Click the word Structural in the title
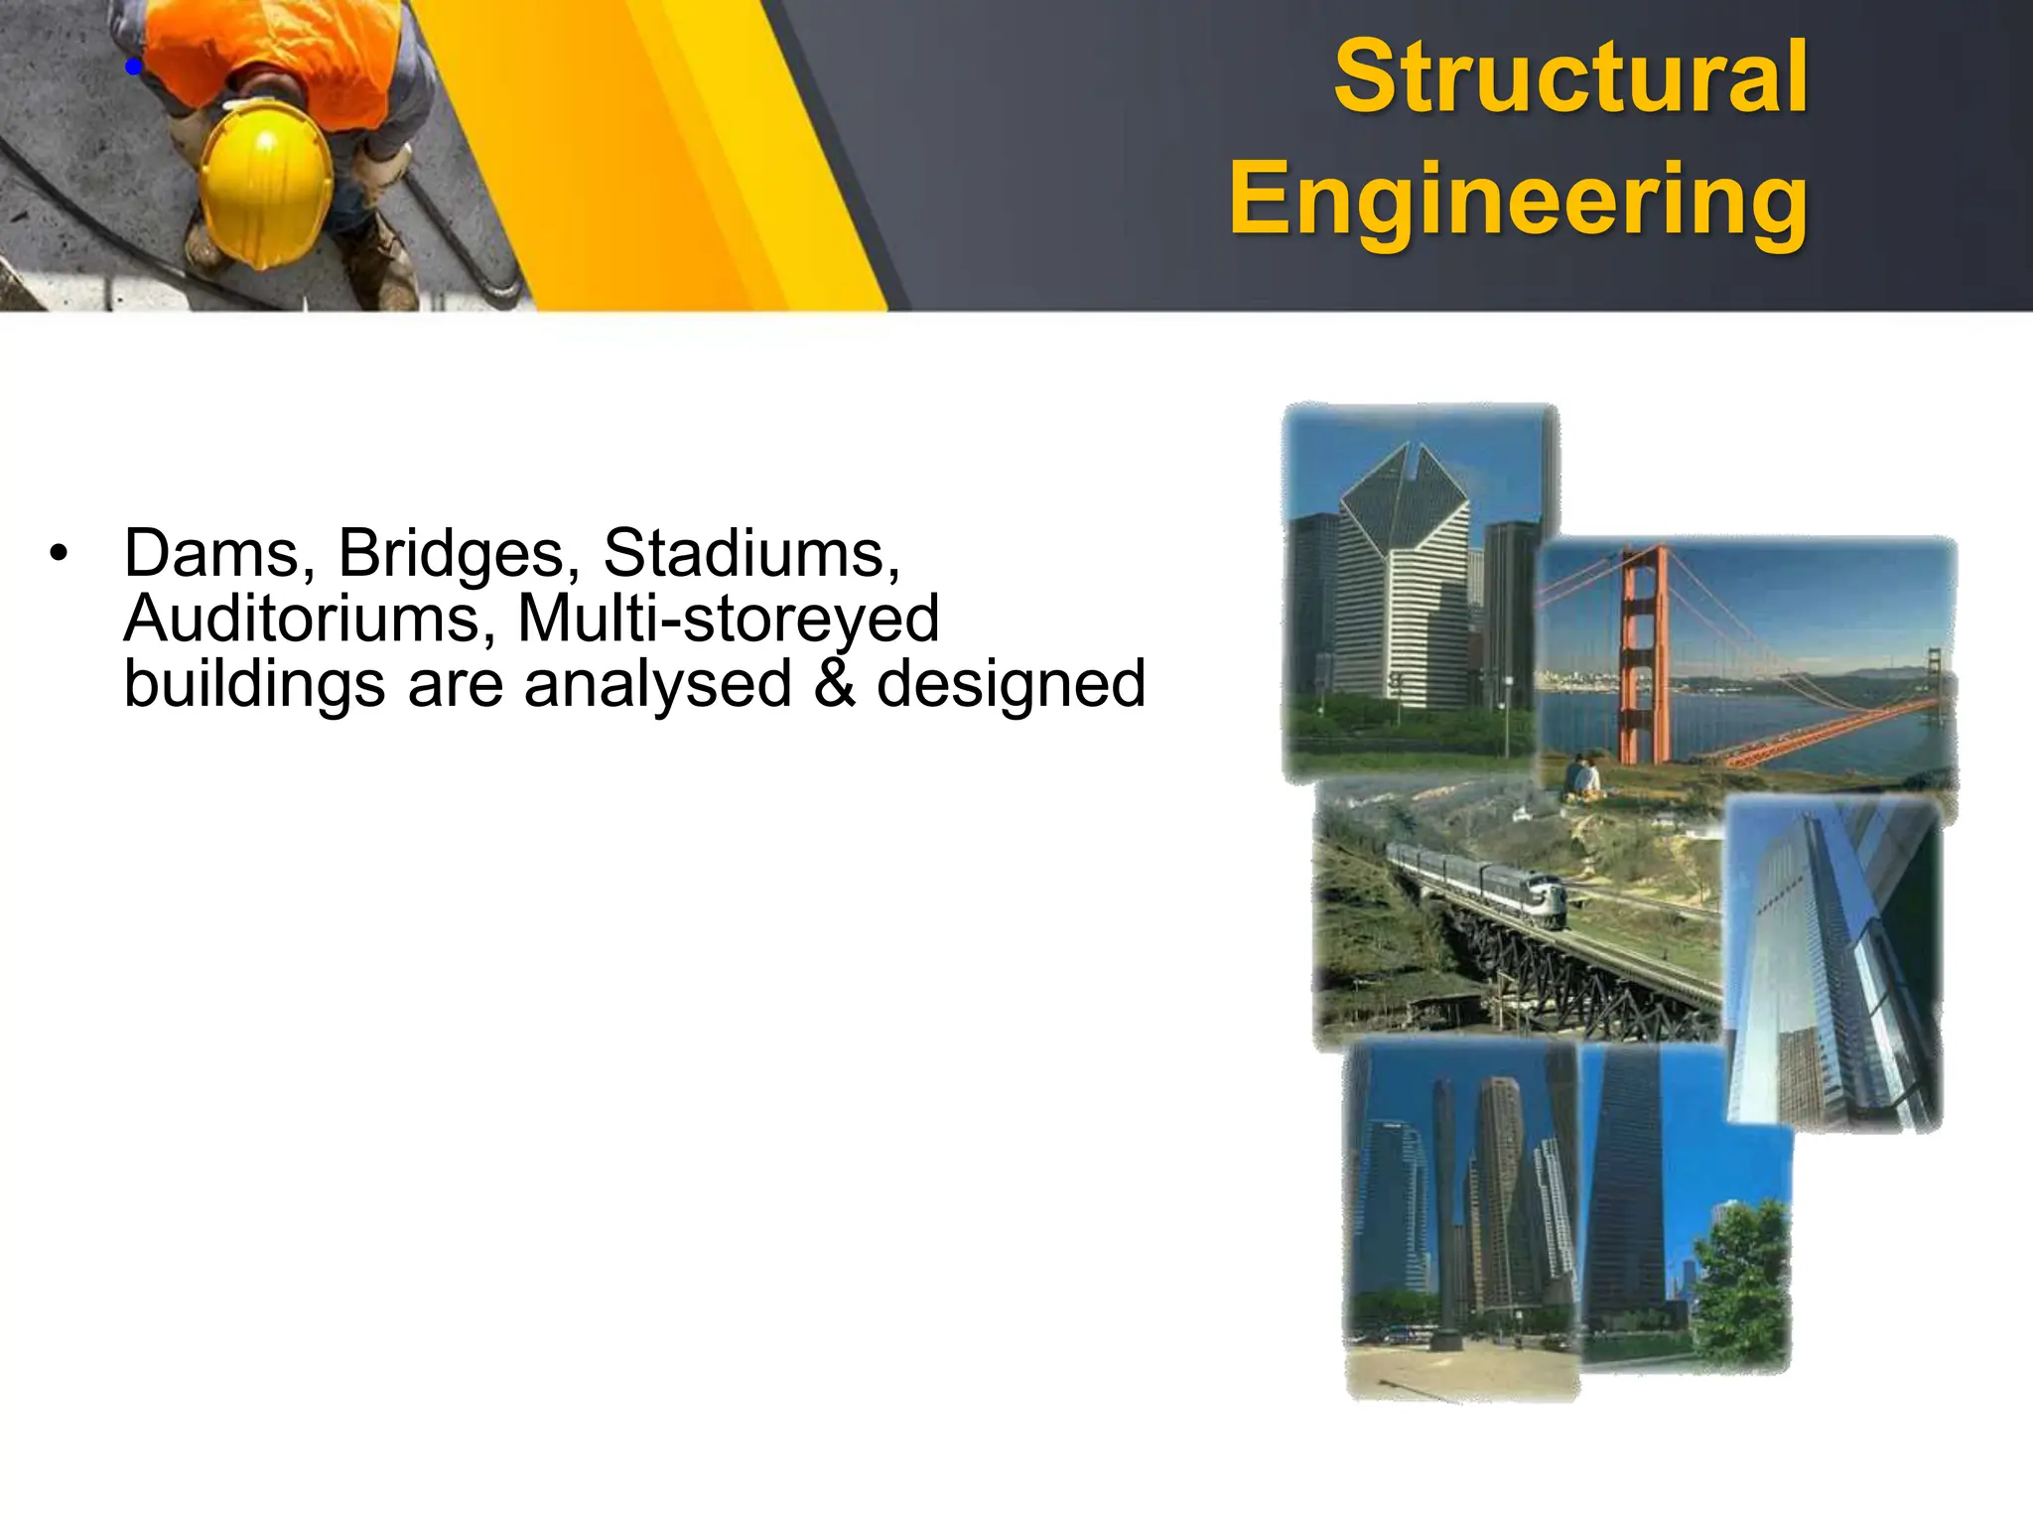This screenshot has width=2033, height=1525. [1570, 77]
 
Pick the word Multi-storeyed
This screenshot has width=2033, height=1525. [728, 621]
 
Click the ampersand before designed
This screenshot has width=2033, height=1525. [834, 684]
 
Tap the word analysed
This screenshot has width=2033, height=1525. [657, 684]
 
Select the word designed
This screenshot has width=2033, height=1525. [1011, 686]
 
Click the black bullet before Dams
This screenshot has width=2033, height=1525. [60, 554]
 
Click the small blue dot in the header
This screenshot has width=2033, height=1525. [134, 68]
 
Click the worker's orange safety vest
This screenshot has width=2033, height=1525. [278, 50]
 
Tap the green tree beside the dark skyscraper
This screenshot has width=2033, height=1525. [1742, 1281]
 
